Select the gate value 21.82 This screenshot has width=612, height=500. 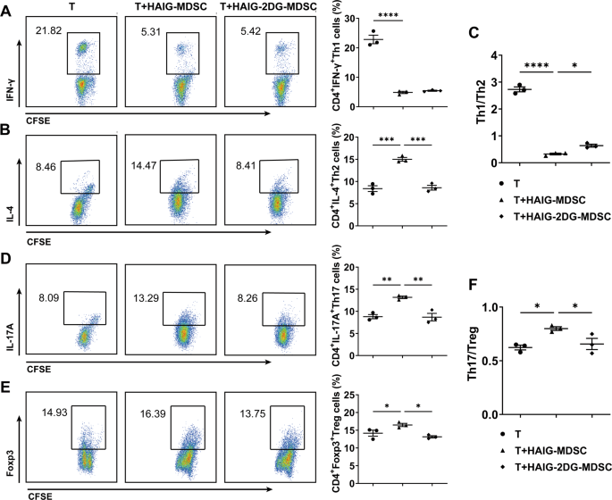(47, 31)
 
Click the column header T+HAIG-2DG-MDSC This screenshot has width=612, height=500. (267, 8)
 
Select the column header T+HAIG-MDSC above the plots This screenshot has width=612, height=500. (166, 8)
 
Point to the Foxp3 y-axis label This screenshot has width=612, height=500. (8, 442)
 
